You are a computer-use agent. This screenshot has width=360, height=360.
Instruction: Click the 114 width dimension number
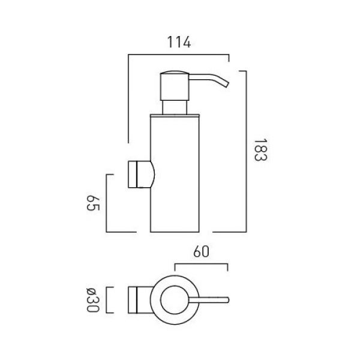179,42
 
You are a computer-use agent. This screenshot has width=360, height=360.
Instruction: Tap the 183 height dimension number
260,150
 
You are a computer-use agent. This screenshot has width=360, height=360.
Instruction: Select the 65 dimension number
93,203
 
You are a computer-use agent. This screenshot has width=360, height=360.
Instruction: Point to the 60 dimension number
201,251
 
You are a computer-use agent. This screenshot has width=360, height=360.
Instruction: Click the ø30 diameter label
93,300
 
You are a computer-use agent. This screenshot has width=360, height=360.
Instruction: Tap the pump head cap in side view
175,85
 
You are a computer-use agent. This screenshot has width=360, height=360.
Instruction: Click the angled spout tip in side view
226,84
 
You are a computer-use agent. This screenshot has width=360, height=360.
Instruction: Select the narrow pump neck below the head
175,107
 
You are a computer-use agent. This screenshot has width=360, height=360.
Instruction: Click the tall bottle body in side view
175,175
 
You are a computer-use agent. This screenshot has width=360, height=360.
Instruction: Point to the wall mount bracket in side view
141,175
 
